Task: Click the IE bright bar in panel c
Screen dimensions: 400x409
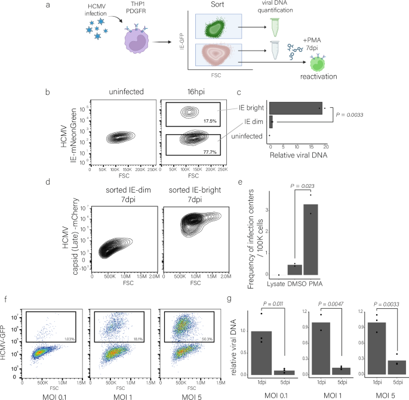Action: tap(296, 108)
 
